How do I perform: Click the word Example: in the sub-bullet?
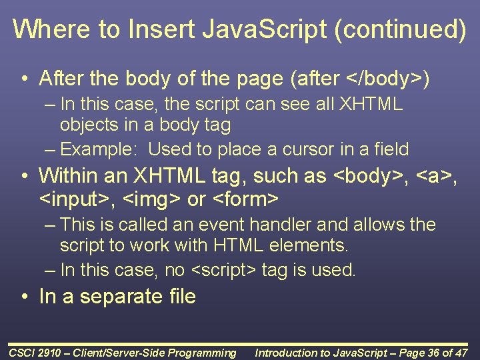(101, 149)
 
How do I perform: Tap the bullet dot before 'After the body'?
(25, 79)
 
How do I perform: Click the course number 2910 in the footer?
(48, 353)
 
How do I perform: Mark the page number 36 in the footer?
(431, 353)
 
